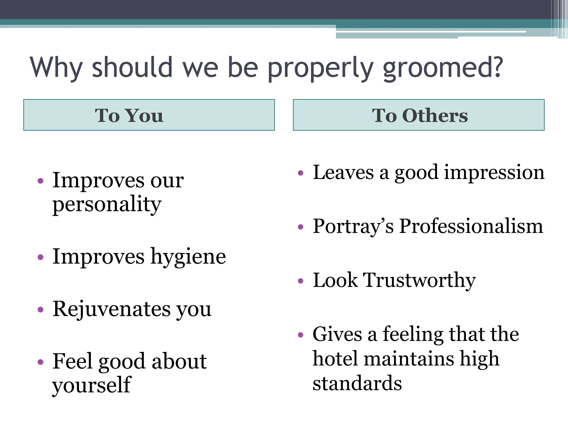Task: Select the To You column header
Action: pyautogui.click(x=149, y=115)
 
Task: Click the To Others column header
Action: pyautogui.click(x=419, y=115)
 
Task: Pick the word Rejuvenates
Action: pyautogui.click(x=112, y=309)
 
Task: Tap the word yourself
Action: pyautogui.click(x=92, y=385)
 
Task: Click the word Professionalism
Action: pyautogui.click(x=471, y=226)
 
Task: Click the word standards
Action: pyautogui.click(x=357, y=383)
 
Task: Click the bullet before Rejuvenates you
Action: pyautogui.click(x=40, y=309)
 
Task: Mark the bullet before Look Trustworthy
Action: pyautogui.click(x=301, y=281)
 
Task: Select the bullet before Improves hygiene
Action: pyautogui.click(x=40, y=257)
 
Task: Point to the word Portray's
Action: pyautogui.click(x=353, y=226)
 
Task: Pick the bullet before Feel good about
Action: pyautogui.click(x=40, y=362)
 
